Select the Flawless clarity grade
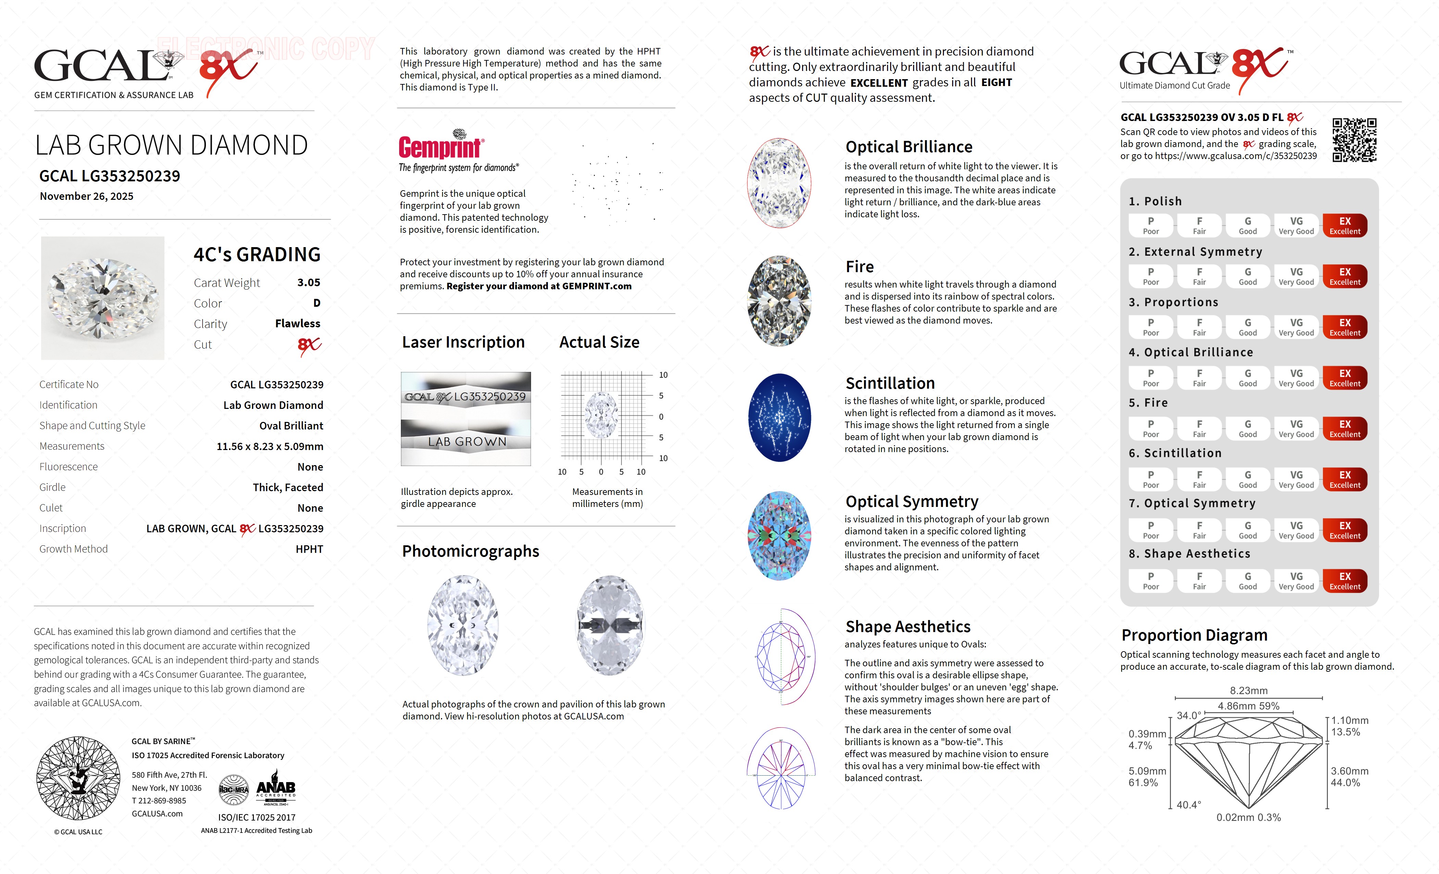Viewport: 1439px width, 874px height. click(x=297, y=324)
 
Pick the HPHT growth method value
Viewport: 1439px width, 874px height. click(x=309, y=549)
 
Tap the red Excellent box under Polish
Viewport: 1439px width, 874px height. click(x=1344, y=226)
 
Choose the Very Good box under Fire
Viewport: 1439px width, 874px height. click(x=1296, y=428)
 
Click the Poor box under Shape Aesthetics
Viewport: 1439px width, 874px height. click(x=1151, y=581)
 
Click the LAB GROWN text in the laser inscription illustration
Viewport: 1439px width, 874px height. click(x=467, y=442)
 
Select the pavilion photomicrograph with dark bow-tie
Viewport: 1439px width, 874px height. click(x=610, y=625)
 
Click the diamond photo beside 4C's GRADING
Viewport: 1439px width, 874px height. click(x=103, y=298)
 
